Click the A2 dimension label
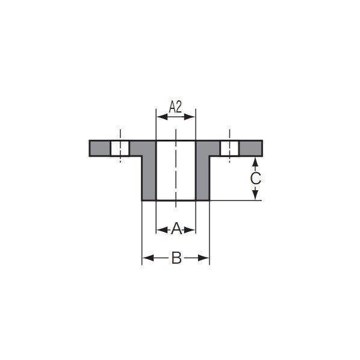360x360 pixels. (x=175, y=107)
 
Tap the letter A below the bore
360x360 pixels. (x=176, y=228)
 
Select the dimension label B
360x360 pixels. (x=176, y=258)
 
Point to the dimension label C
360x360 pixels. (x=255, y=178)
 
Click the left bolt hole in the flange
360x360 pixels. (x=120, y=148)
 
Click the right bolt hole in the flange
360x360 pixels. (x=229, y=148)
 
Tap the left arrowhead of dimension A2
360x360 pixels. (x=162, y=117)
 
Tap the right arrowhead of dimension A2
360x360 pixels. (x=190, y=117)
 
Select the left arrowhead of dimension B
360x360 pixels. (x=148, y=258)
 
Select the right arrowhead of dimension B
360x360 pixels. (x=203, y=258)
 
